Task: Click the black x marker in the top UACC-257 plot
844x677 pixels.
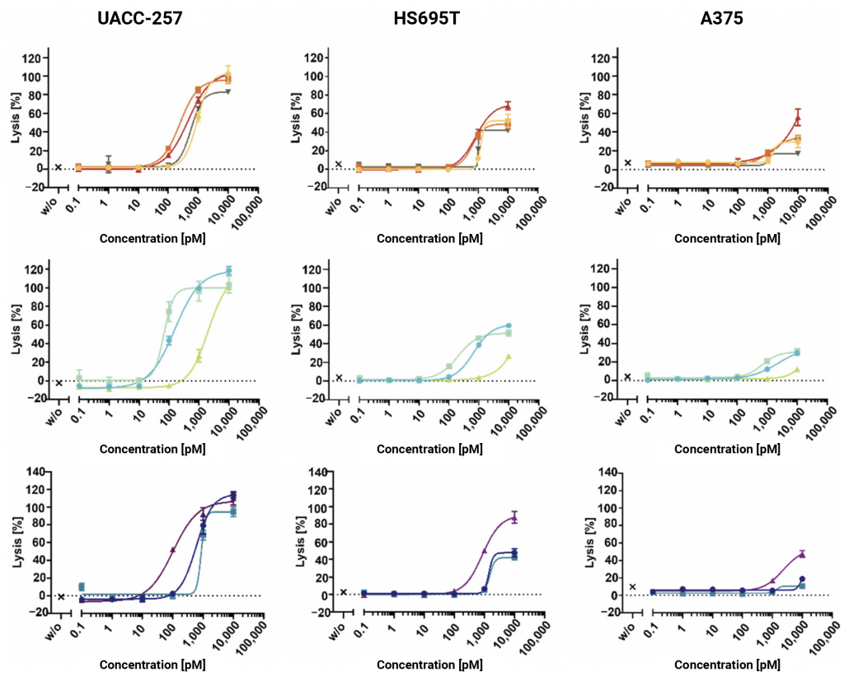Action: [59, 167]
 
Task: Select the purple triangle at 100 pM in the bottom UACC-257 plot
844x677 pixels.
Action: [171, 549]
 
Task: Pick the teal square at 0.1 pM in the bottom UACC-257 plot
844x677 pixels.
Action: [81, 586]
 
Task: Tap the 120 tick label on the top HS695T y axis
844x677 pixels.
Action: [312, 58]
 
